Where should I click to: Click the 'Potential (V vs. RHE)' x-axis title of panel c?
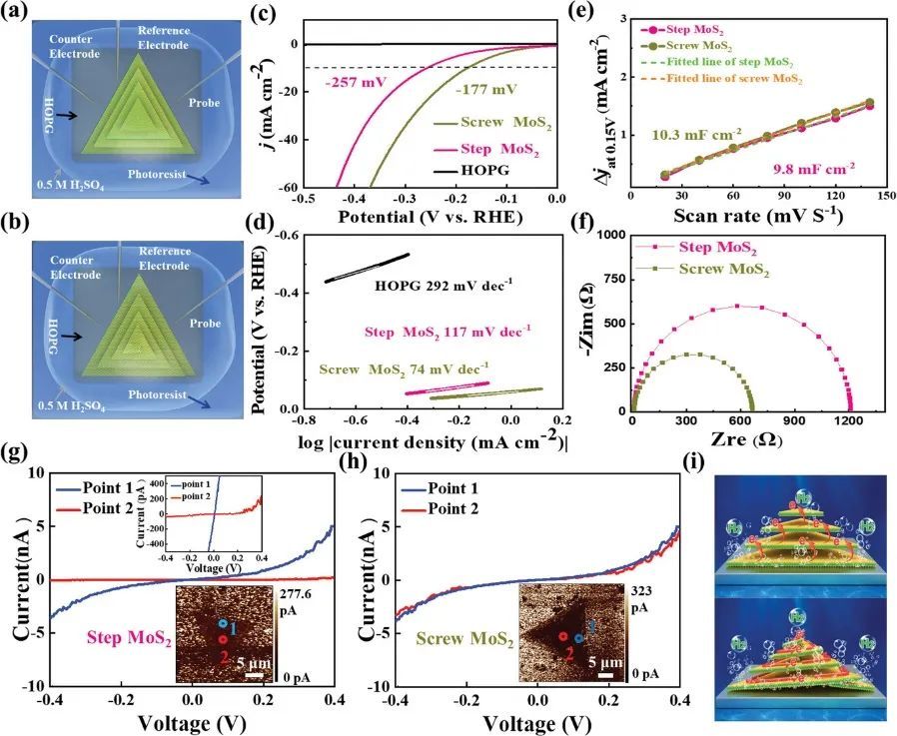pyautogui.click(x=431, y=218)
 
